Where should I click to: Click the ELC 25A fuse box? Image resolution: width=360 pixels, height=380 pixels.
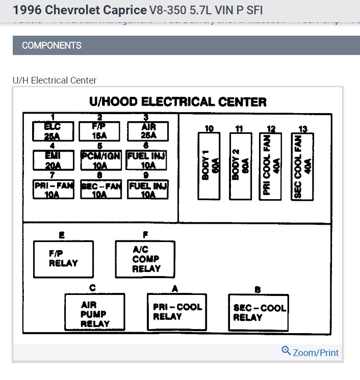point(53,131)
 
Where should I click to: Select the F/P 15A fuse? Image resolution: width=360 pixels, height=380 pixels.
point(99,131)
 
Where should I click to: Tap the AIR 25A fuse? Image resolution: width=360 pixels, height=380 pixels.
point(148,131)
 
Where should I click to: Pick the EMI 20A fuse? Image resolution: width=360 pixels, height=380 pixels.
point(53,160)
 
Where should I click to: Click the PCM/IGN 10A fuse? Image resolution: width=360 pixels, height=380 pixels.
point(100,160)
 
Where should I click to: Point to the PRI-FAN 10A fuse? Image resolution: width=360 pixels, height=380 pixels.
point(54,189)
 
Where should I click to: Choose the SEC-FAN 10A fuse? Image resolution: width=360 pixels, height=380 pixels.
point(100,189)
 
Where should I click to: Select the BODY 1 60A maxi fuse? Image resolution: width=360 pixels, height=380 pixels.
point(209,167)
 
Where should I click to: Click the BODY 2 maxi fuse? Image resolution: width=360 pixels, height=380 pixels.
point(239,167)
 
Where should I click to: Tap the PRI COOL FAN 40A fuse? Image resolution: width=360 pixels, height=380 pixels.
point(271,167)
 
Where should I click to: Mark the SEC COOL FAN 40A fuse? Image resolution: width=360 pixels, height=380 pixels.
point(302,167)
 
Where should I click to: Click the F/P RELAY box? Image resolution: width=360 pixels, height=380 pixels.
point(64,259)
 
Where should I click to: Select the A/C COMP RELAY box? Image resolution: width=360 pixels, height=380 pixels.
point(145,259)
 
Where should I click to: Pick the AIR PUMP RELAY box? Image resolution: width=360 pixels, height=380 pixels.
point(95,312)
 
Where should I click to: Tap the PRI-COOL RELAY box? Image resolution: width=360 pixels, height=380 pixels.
point(177,312)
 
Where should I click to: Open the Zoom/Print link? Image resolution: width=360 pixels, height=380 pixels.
point(315,352)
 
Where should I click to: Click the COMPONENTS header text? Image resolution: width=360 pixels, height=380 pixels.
point(52,45)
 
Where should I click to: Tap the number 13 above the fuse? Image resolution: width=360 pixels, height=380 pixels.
point(302,128)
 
